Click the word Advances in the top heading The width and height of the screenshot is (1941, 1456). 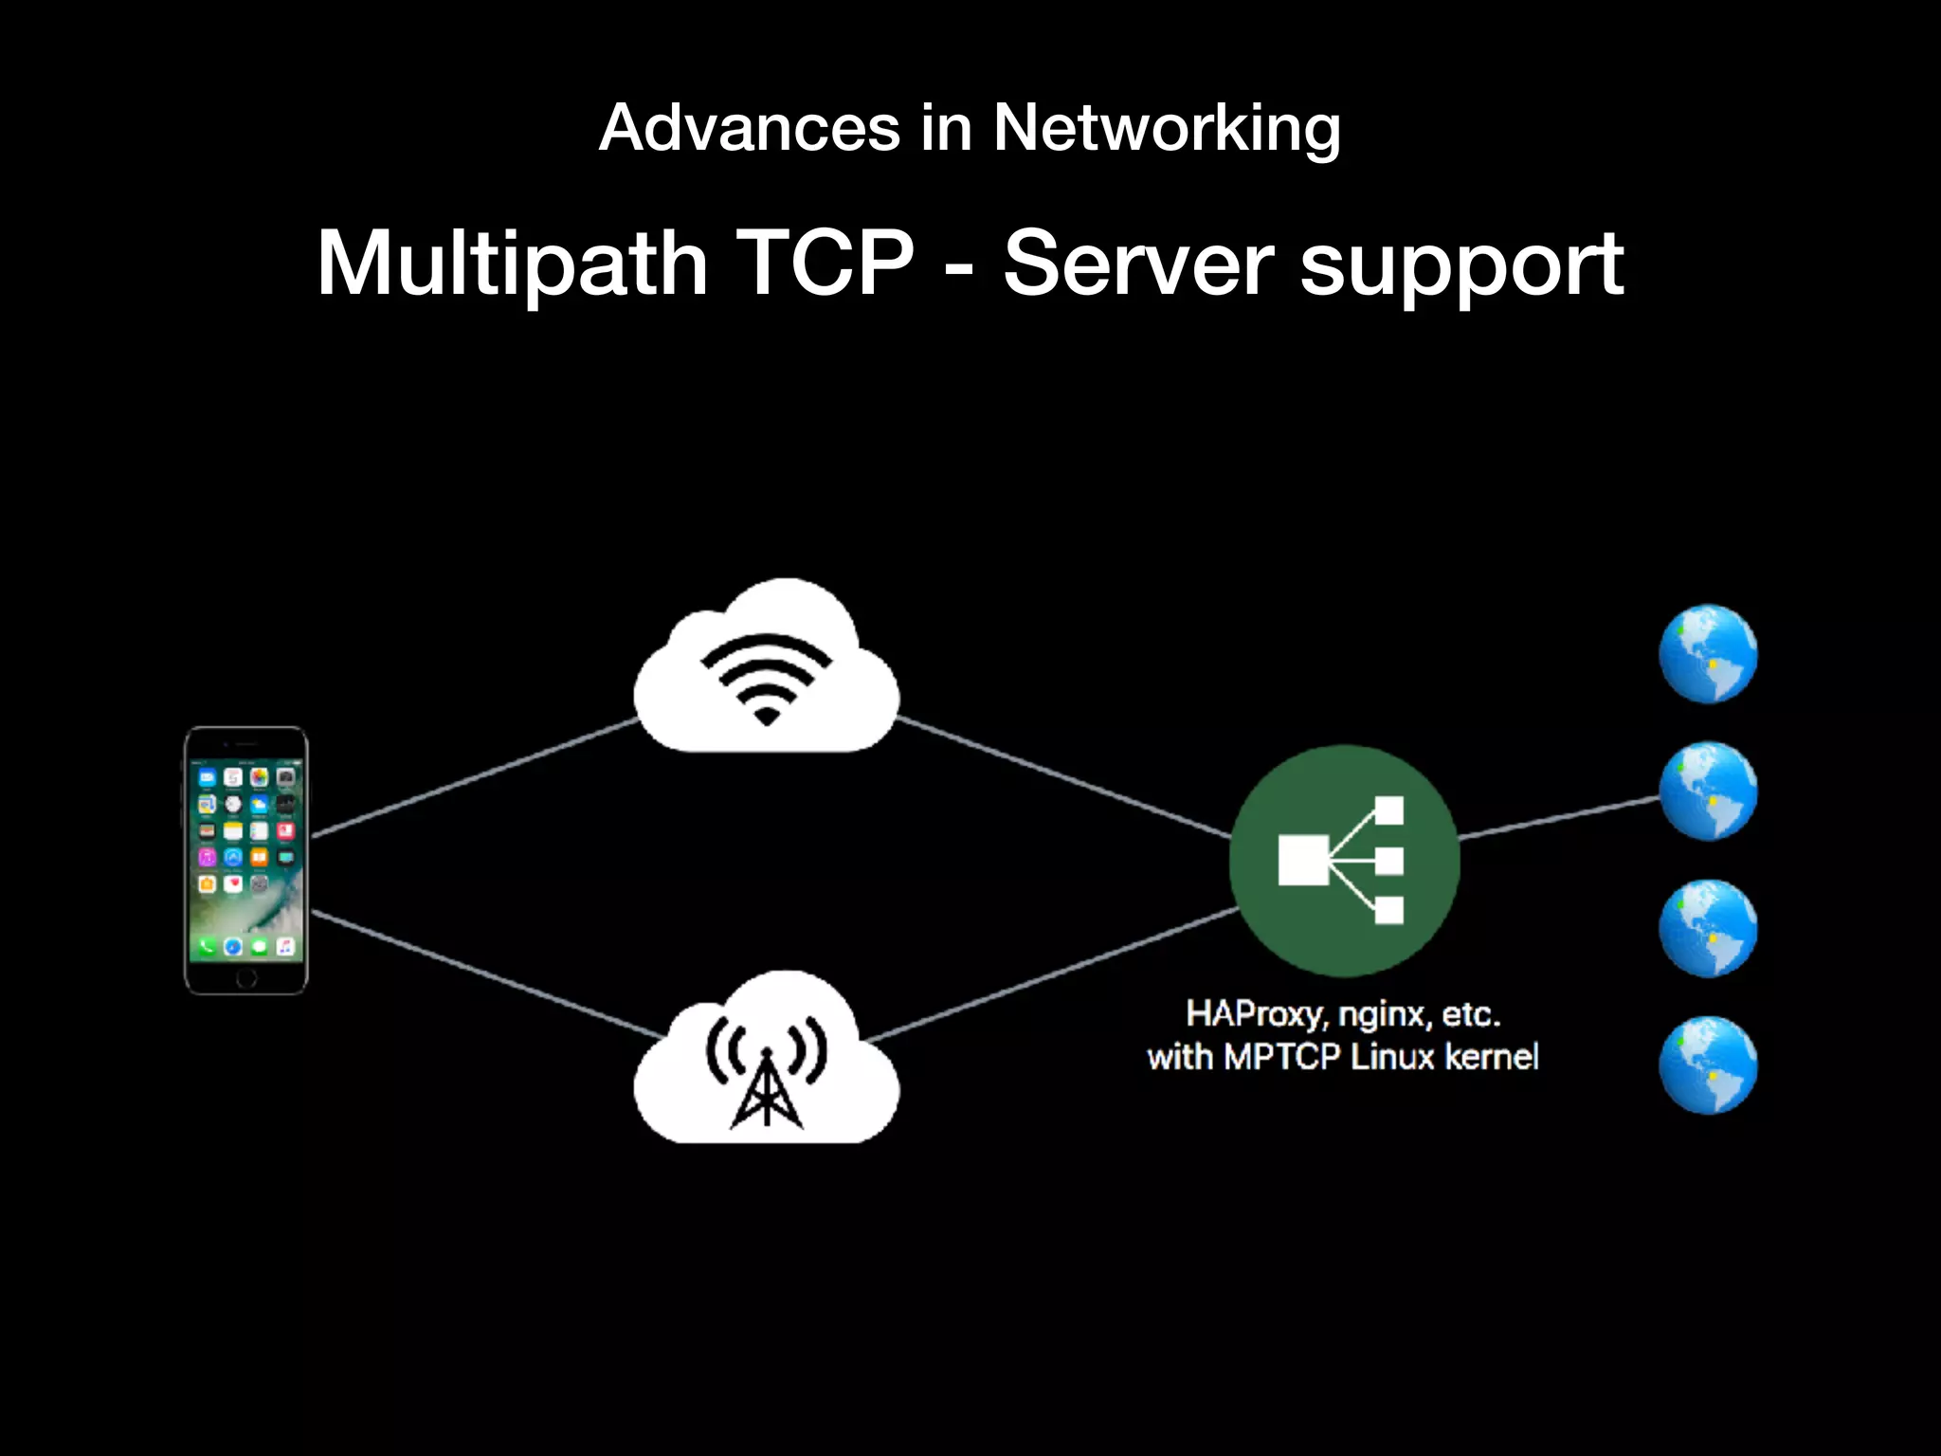(x=749, y=128)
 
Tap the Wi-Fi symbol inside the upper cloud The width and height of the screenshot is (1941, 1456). (x=766, y=677)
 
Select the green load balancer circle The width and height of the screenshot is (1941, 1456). (x=1344, y=861)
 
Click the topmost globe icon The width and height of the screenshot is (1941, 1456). (x=1708, y=654)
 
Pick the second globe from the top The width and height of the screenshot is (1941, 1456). (x=1708, y=792)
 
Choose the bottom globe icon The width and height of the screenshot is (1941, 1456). (x=1708, y=1065)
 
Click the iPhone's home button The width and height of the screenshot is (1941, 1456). (x=245, y=976)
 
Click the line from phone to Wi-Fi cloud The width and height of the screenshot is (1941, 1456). (x=474, y=777)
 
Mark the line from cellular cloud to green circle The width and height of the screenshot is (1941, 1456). (x=1052, y=974)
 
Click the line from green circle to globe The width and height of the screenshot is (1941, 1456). (x=1559, y=818)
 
